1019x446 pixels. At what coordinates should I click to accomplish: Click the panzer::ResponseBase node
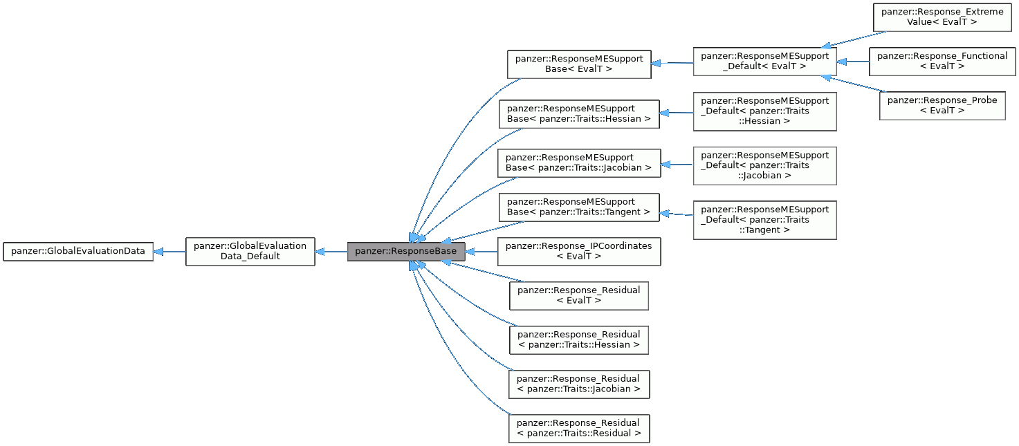[405, 252]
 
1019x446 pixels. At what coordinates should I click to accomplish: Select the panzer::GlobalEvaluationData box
[78, 252]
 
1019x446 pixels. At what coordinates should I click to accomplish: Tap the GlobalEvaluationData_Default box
[250, 252]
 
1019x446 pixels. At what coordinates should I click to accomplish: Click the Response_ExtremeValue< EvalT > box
[942, 17]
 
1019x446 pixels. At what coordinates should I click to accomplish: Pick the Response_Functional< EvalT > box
[942, 62]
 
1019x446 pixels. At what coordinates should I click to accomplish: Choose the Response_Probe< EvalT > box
[942, 106]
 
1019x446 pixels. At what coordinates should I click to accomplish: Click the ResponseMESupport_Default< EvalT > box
[764, 62]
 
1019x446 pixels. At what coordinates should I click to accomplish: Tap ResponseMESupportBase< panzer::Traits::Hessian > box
[579, 114]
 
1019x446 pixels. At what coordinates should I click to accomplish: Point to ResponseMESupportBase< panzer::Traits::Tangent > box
[579, 207]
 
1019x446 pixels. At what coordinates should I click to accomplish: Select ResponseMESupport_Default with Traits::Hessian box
[764, 111]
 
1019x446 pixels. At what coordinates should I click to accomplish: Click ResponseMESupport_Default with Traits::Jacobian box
[764, 165]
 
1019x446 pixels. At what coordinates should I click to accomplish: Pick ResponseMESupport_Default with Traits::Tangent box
[764, 220]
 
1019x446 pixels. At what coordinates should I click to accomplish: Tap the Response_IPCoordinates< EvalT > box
[579, 252]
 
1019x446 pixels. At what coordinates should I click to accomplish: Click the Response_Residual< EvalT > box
[579, 296]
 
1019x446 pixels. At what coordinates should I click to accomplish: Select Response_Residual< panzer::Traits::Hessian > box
[579, 340]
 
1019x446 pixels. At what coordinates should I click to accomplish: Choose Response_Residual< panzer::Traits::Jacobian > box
[579, 384]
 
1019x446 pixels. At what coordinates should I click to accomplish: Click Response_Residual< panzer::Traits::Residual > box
[579, 428]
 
